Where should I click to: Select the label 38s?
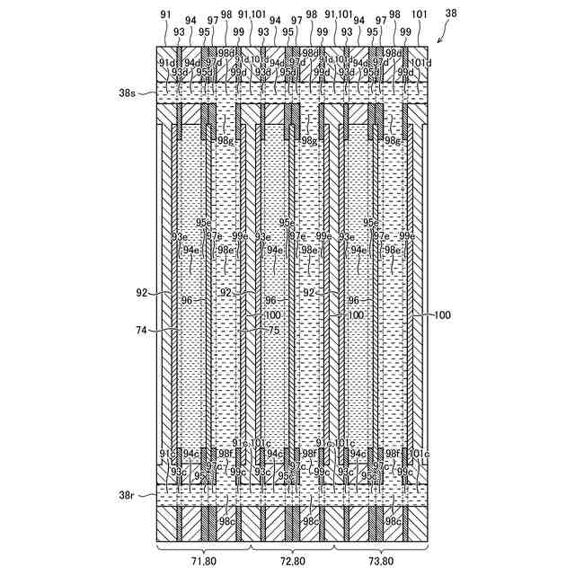138,92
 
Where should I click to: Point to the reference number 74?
142,331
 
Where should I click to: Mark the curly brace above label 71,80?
203,547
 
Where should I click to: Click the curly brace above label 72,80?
292,547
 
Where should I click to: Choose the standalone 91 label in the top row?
164,14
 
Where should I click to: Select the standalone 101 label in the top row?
419,14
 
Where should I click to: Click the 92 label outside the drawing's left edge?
142,292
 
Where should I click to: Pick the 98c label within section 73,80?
393,521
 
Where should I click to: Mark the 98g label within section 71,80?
225,140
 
